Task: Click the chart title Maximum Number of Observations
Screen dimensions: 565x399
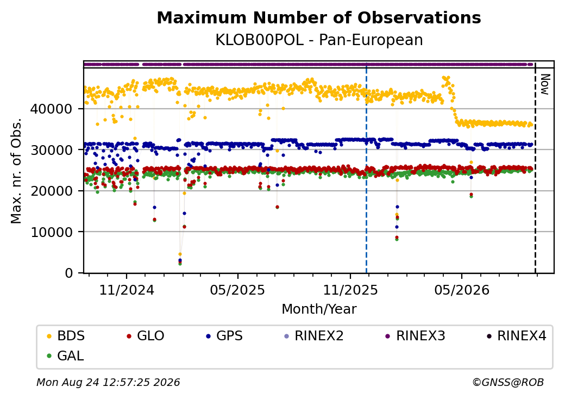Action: [319, 17]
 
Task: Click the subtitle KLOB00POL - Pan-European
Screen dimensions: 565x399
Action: [319, 40]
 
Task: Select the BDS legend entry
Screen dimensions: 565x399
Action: [66, 336]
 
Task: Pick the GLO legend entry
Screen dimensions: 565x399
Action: [146, 336]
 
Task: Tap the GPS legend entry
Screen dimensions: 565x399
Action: [224, 336]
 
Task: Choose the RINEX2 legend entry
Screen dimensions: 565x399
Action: [314, 336]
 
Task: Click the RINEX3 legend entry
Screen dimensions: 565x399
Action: [416, 336]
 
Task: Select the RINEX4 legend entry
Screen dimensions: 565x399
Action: [517, 336]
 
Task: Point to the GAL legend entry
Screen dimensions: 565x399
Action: [66, 356]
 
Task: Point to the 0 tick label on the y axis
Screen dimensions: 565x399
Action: [68, 273]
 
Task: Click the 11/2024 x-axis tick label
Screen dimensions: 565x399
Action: [127, 290]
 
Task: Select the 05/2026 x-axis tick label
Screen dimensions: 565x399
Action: [462, 290]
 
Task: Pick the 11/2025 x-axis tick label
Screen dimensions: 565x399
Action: [350, 290]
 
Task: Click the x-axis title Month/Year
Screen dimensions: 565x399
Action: [319, 309]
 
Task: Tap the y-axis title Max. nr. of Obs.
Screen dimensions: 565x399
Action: [16, 171]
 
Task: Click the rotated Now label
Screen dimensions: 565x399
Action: [545, 85]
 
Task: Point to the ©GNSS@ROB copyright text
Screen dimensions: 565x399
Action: [508, 382]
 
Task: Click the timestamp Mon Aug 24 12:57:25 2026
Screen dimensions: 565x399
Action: [108, 382]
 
